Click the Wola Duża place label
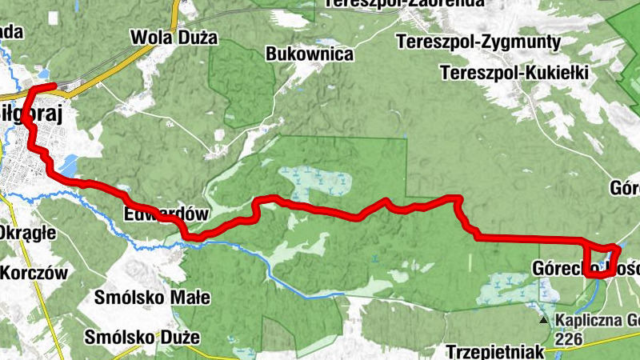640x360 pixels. pos(166,37)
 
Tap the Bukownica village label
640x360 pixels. pos(310,54)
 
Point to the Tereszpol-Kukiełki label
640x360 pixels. pos(514,73)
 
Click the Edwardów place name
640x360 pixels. pos(166,214)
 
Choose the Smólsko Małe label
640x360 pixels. pos(152,298)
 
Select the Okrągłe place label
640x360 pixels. pos(26,233)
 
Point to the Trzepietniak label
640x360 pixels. pos(496,351)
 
